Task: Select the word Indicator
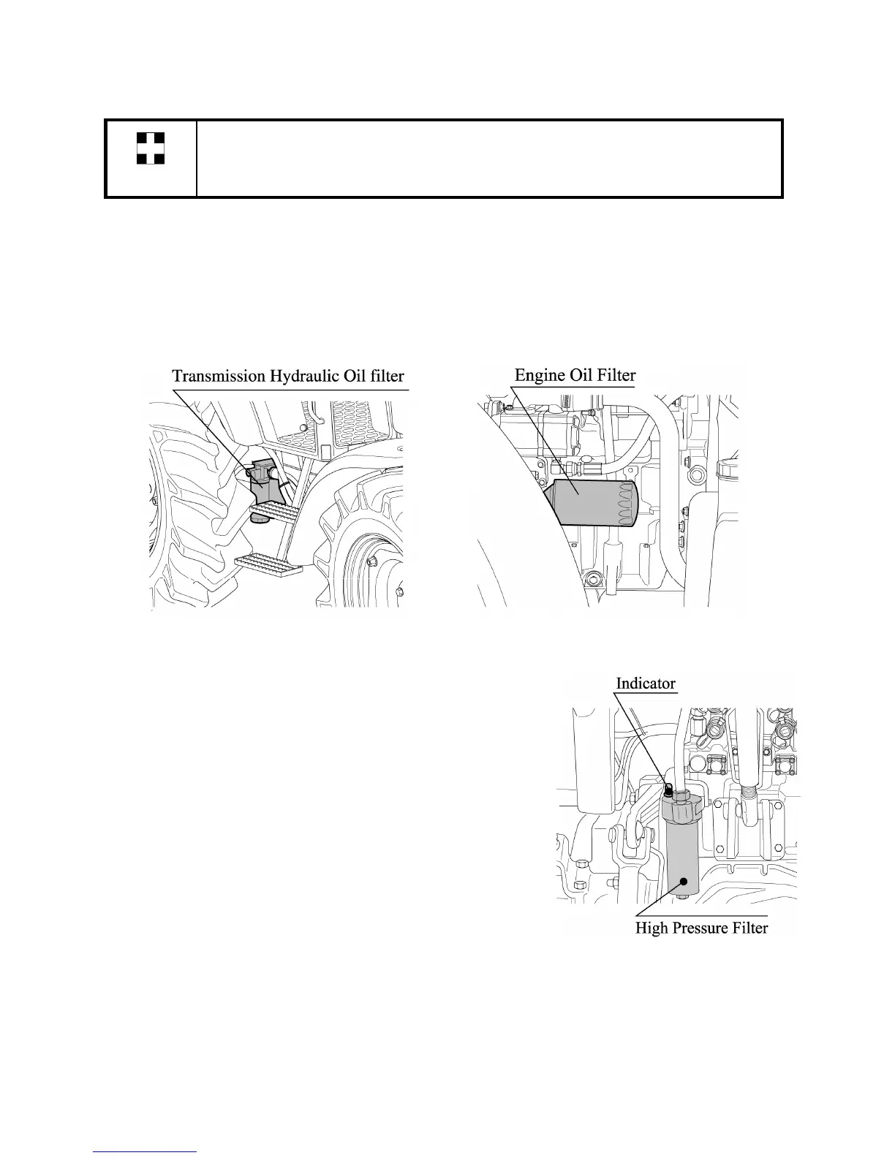tap(646, 683)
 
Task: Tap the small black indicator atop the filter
tap(668, 789)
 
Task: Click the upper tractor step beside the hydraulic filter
tap(274, 509)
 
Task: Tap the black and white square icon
tap(150, 148)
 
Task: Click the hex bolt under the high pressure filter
tap(683, 896)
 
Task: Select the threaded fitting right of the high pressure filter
tap(747, 792)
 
